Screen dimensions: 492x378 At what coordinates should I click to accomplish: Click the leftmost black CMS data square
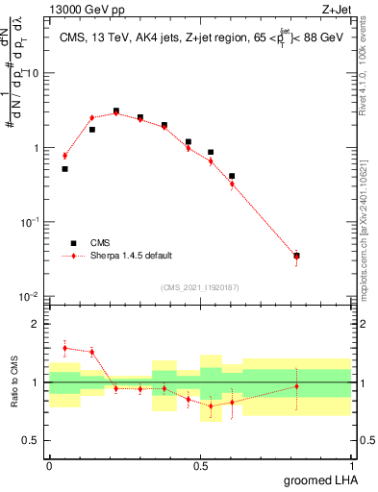point(64,169)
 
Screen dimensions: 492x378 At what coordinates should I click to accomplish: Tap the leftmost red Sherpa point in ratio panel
point(64,348)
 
